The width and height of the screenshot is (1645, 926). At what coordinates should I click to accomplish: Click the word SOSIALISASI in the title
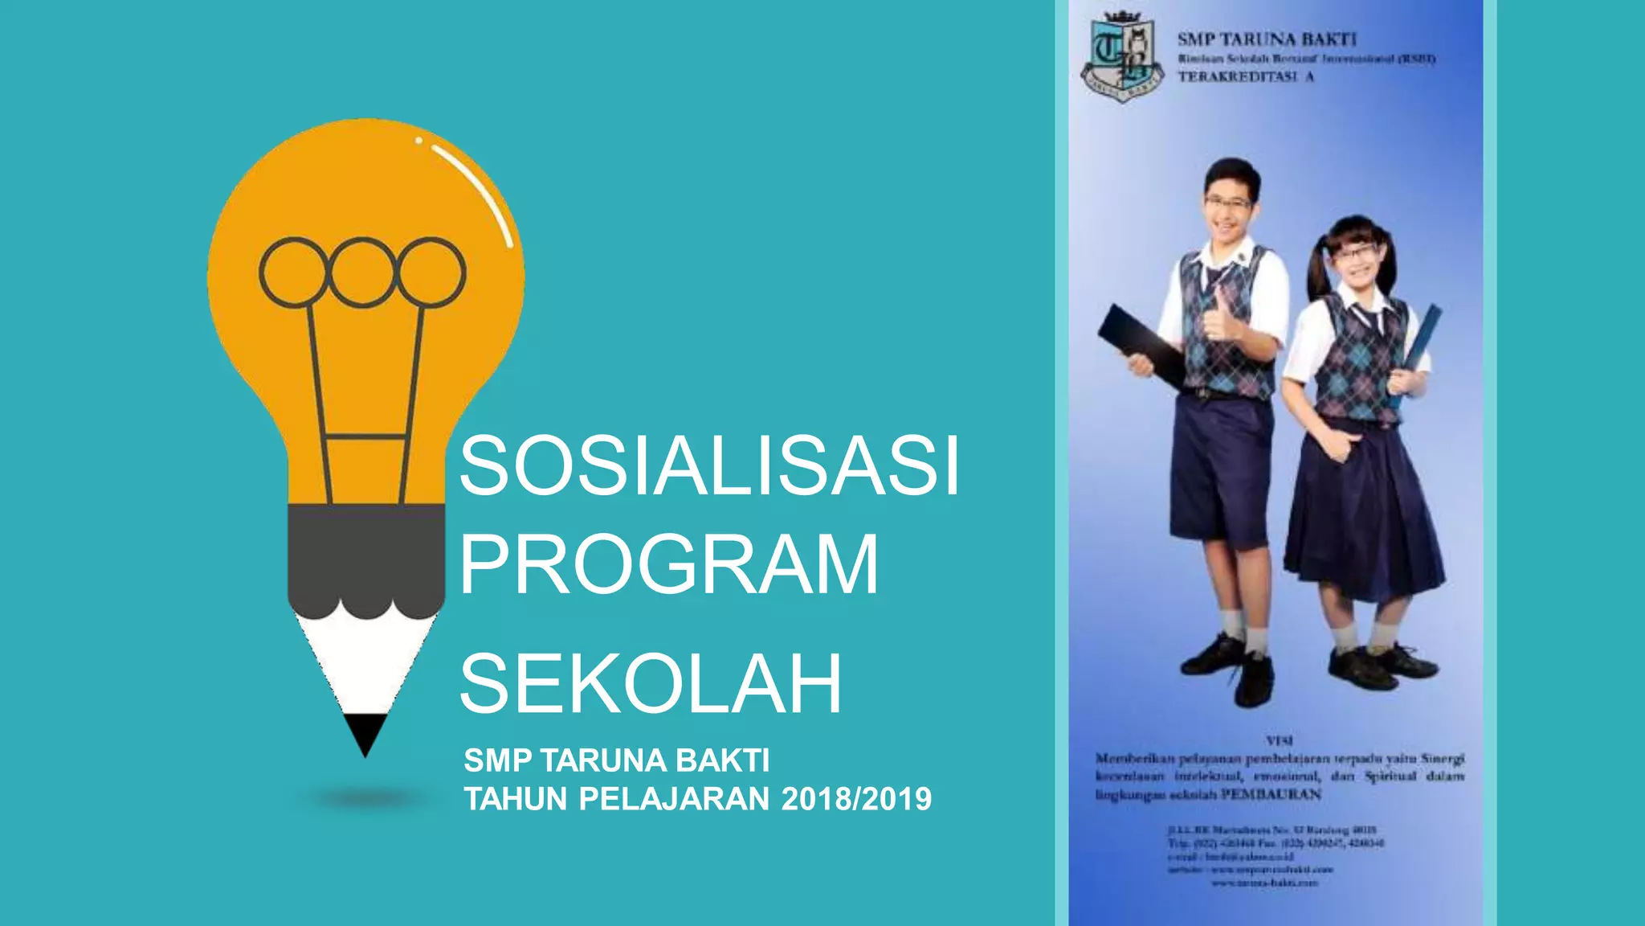(x=708, y=467)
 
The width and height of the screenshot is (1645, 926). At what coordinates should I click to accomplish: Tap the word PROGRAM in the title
(x=668, y=565)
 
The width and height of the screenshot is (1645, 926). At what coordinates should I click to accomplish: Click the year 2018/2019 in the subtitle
(x=856, y=800)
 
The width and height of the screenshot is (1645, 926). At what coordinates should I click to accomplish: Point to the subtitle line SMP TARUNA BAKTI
(x=616, y=760)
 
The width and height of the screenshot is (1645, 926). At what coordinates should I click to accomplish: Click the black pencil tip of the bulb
(x=365, y=731)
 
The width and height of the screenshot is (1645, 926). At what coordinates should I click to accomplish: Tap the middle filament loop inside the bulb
(x=362, y=272)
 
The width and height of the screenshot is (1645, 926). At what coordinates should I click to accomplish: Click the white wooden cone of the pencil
(x=365, y=659)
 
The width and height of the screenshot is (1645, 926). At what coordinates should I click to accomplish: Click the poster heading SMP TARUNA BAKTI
(x=1267, y=39)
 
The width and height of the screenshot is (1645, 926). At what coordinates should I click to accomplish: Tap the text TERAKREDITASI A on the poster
(x=1245, y=77)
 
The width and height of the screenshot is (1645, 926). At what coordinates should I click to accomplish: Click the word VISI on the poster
(x=1279, y=740)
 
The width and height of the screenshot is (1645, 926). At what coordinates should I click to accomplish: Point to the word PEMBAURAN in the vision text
(x=1271, y=795)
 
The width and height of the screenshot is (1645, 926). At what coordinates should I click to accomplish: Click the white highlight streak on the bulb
(x=474, y=190)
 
